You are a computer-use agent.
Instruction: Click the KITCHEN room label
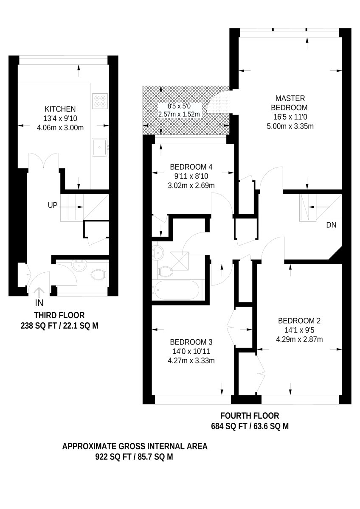60,109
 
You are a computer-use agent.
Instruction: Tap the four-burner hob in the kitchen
100,101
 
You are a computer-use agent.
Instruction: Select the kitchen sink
100,147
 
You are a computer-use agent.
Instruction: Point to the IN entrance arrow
39,292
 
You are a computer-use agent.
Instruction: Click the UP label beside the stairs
53,205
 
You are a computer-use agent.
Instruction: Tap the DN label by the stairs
331,225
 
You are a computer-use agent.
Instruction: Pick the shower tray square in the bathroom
179,261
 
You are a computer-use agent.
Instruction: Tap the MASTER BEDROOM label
290,103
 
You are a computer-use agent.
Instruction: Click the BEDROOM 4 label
191,167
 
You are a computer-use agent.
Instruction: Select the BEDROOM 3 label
191,342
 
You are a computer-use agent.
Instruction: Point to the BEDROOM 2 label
299,321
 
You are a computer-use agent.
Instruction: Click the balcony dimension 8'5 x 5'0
179,106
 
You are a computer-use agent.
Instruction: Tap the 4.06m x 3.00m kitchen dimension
60,128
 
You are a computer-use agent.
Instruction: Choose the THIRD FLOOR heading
59,315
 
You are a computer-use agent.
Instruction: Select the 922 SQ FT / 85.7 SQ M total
134,457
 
